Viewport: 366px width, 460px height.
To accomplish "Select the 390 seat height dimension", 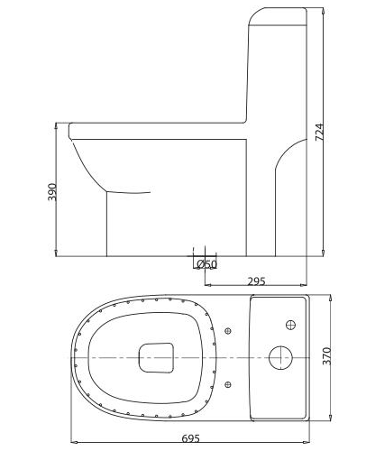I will (x=52, y=191).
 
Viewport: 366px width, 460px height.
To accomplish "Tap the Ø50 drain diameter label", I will (x=206, y=263).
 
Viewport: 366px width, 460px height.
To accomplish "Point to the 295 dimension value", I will (x=256, y=281).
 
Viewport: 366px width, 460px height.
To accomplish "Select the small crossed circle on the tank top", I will (x=290, y=323).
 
